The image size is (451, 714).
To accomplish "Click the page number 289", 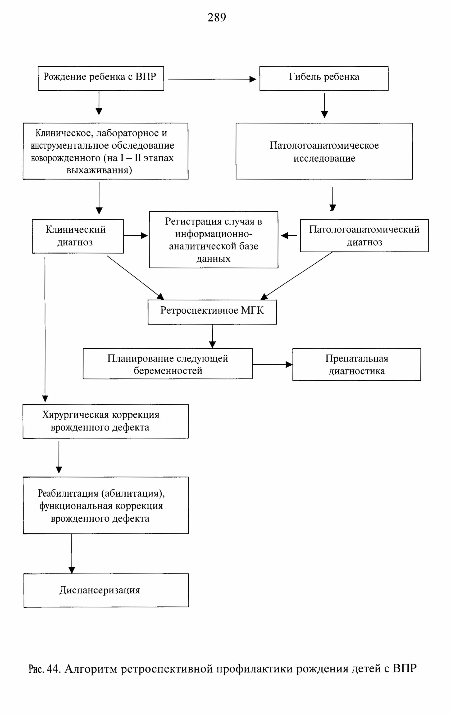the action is (x=217, y=17).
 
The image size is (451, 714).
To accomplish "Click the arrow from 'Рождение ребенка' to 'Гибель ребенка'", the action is (x=212, y=79).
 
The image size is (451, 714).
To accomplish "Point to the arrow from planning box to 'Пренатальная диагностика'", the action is (x=272, y=364).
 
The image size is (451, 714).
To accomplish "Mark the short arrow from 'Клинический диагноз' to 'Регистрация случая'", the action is (x=135, y=235).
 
